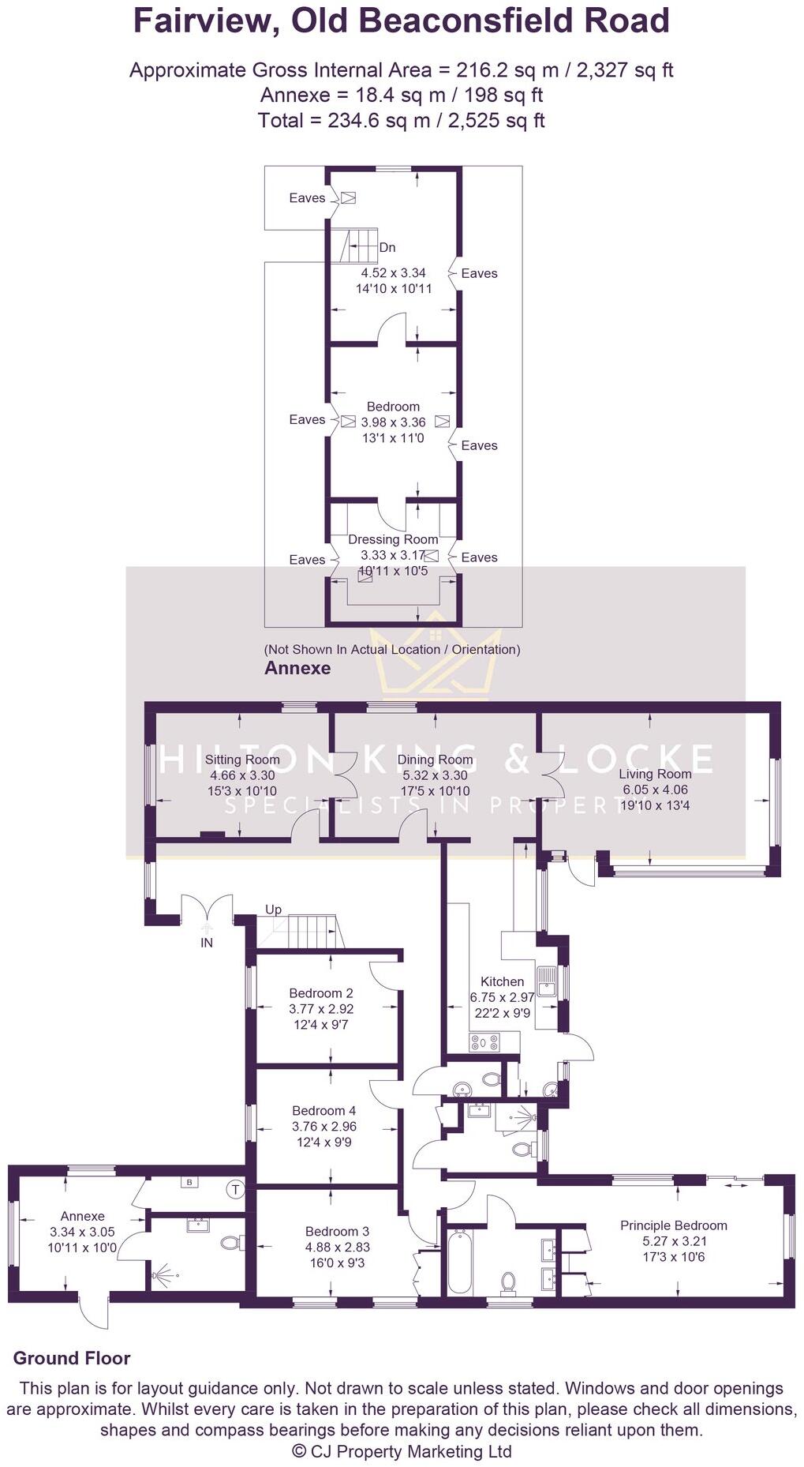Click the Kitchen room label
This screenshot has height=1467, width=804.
[502, 981]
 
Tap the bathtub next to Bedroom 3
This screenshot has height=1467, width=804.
[458, 1260]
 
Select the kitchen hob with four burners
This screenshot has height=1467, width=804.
[484, 1042]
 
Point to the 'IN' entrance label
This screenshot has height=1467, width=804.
[207, 943]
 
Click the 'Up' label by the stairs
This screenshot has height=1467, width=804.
[273, 910]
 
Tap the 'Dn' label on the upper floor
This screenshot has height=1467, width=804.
[387, 247]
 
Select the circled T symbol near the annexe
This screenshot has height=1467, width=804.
[235, 1189]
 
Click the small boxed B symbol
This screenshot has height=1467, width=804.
[189, 1183]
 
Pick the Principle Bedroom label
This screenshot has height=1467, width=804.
[673, 1225]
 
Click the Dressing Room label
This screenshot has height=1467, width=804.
[393, 539]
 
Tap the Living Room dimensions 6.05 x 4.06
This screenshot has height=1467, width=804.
[655, 790]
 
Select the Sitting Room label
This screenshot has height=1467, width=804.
[242, 760]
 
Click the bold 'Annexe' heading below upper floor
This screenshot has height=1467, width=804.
[297, 668]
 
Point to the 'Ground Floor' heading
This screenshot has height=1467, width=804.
[72, 1358]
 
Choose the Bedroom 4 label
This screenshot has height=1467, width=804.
[323, 1110]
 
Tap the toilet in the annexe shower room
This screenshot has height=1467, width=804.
[231, 1243]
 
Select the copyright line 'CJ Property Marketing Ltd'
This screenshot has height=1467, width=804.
[402, 1451]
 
